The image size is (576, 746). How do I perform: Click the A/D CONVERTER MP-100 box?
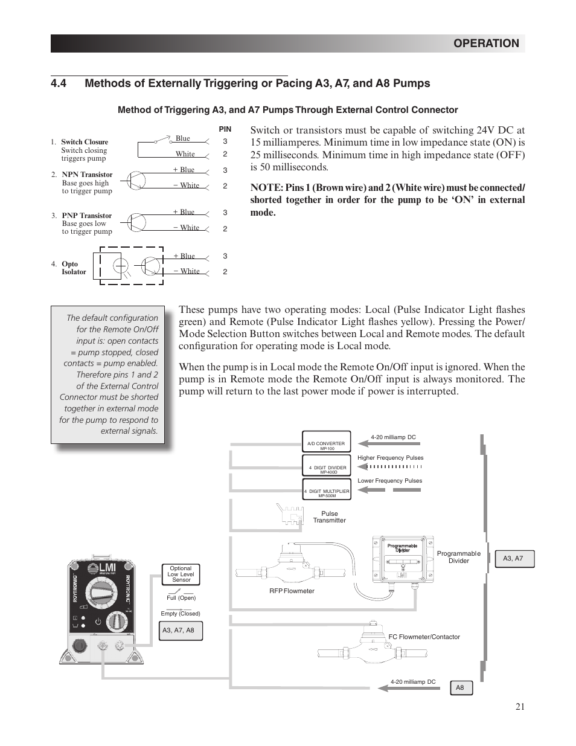326,446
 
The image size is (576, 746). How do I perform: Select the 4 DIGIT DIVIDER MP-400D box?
327,469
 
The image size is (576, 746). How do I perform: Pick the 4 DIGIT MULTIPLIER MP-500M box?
327,493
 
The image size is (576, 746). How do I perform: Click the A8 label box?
461,688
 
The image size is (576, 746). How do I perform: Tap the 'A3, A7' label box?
513,559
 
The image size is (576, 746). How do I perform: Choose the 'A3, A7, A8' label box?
178,631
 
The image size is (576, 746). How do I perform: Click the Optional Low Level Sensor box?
181,574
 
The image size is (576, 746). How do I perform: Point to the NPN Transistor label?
87,175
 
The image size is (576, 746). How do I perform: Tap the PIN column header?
225,129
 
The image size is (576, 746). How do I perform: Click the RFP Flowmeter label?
292,591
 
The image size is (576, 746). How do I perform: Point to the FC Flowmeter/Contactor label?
424,637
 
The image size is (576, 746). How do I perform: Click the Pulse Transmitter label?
329,517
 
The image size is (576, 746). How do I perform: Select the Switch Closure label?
85,142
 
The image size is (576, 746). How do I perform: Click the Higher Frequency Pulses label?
390,458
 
